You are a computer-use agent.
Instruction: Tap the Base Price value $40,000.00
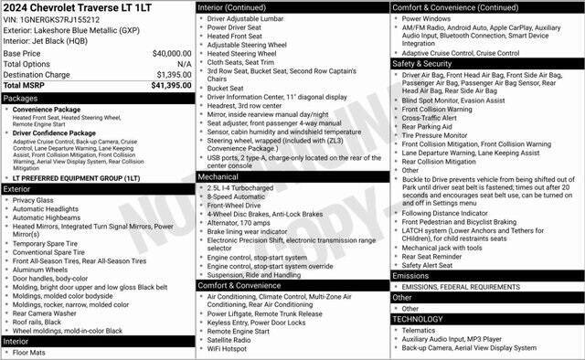tap(171, 54)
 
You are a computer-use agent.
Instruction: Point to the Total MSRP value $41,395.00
tap(171, 85)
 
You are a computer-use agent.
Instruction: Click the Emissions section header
tap(410, 275)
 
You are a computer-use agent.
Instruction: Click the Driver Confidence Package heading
tap(59, 132)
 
